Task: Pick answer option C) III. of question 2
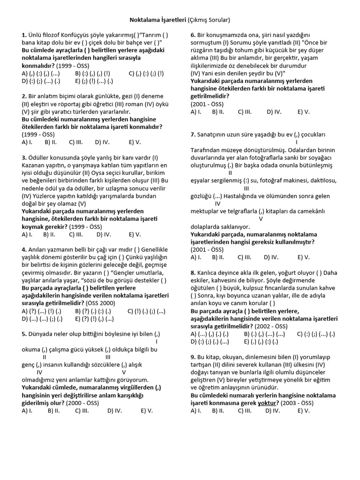(76, 142)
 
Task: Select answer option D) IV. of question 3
(102, 234)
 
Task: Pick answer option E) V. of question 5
(146, 411)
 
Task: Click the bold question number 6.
(193, 35)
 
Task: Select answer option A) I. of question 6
(196, 112)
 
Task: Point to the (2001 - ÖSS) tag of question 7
(207, 249)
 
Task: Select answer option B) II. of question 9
(218, 411)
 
